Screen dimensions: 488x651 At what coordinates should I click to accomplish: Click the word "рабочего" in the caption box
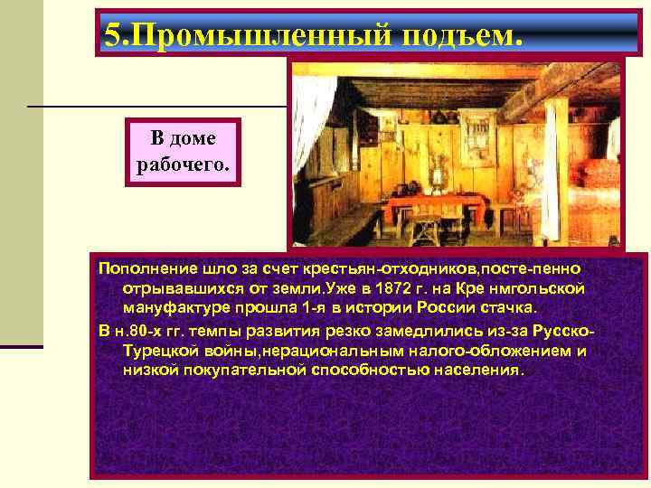tap(184, 166)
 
